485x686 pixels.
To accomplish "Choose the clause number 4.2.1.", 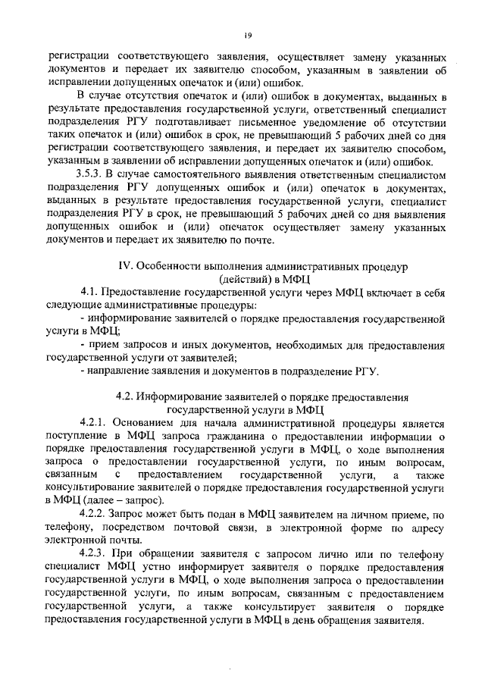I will (95, 421).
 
